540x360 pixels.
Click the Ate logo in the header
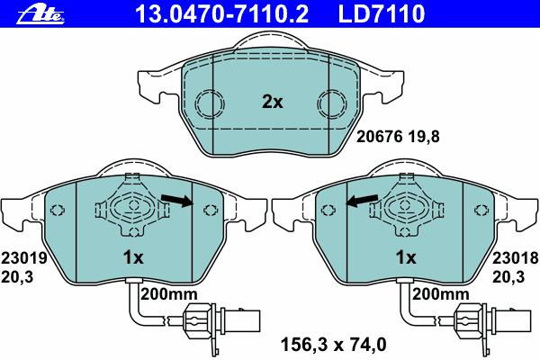coord(40,15)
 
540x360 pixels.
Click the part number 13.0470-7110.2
coord(221,13)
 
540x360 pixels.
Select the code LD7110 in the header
coord(382,13)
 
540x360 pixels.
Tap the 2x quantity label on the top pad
coord(272,102)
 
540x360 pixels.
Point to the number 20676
coord(379,137)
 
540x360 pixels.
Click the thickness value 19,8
coord(424,137)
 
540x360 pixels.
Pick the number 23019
coord(23,258)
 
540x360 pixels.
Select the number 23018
coord(515,258)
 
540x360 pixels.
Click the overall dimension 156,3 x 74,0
coord(334,345)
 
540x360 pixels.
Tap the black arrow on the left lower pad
coord(177,200)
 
